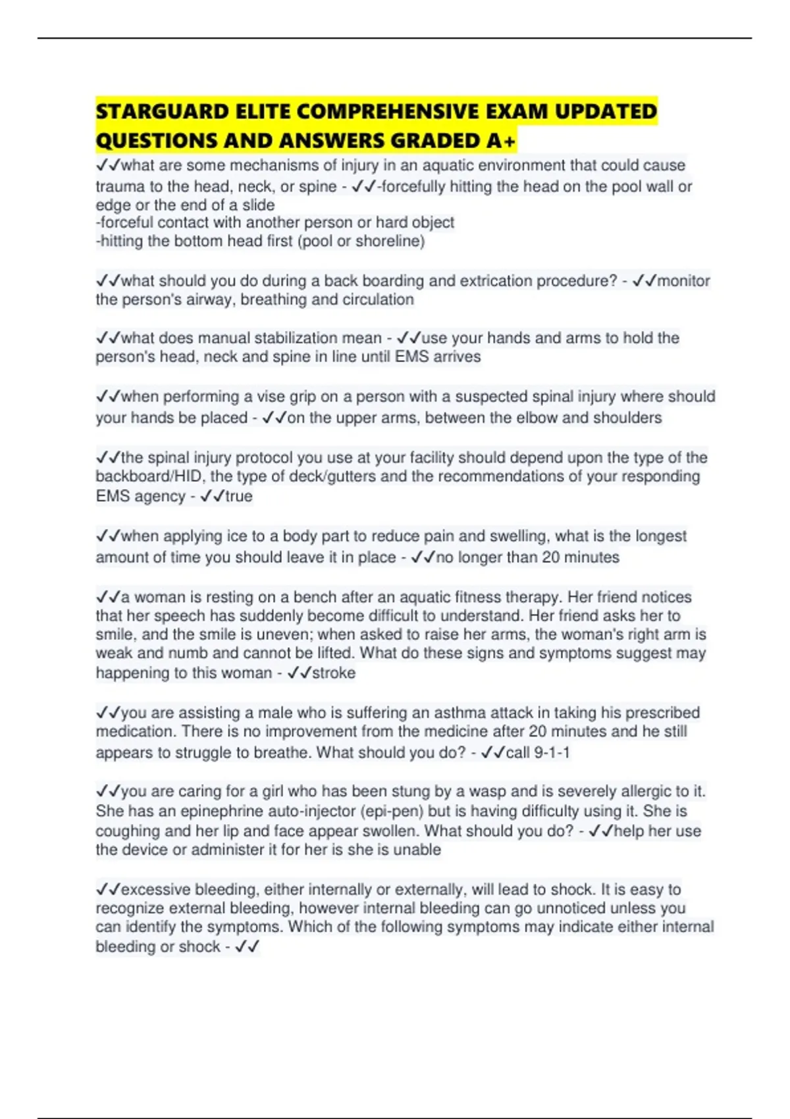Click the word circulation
pos(377,299)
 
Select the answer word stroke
pos(333,673)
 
